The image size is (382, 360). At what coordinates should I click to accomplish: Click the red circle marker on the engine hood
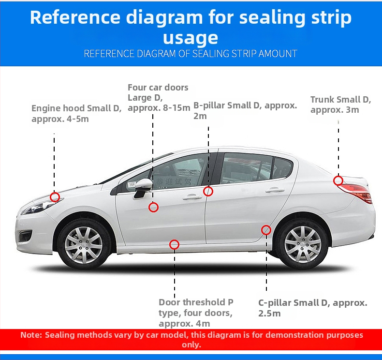pos(50,197)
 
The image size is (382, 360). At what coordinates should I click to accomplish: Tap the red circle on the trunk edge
pos(334,180)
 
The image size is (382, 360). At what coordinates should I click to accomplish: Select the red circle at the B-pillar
pos(204,191)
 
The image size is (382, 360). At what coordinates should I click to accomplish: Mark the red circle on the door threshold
pos(170,244)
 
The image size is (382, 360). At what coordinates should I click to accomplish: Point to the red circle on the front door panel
pos(149,207)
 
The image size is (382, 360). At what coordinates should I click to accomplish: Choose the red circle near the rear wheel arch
pos(262,230)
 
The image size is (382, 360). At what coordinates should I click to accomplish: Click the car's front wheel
pos(84,244)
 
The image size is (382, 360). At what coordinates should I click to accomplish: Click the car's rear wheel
pos(303,244)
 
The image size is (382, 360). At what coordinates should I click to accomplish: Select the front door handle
pos(192,197)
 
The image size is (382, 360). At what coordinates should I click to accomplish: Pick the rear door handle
pos(275,190)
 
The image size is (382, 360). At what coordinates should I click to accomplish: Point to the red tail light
pos(356,192)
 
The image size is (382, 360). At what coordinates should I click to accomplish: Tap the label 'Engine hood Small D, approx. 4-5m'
pos(76,113)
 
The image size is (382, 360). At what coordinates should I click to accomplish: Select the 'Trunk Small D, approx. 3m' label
pos(340,105)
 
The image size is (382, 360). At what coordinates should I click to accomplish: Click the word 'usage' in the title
pos(191,38)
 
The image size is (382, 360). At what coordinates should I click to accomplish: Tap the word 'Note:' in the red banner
pos(31,335)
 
